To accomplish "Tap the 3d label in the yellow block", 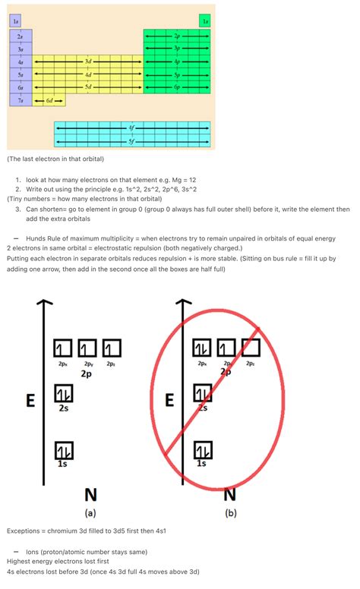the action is click(x=88, y=61).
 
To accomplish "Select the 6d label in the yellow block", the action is click(x=49, y=100).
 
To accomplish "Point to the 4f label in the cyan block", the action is click(x=132, y=128).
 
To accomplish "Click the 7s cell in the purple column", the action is click(x=21, y=100).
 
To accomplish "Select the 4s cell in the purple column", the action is click(x=21, y=61).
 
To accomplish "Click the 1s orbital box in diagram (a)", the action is click(x=63, y=449).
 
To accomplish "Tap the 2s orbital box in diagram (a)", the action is click(x=63, y=394).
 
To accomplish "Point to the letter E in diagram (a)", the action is click(x=30, y=400).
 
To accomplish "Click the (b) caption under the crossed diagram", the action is click(x=231, y=513).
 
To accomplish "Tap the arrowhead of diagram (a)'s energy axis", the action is click(x=46, y=304).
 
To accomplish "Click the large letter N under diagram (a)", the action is click(x=90, y=495).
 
